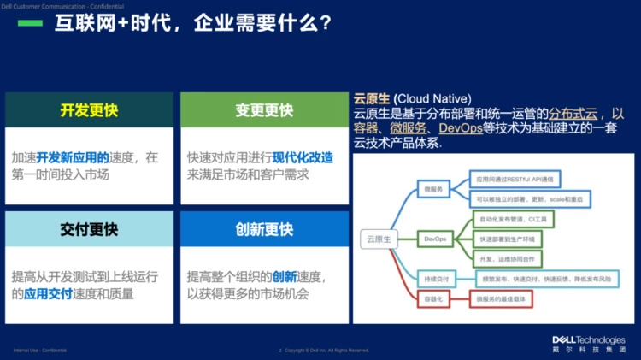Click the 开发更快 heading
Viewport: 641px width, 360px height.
click(x=89, y=110)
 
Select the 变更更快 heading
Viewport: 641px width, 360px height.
click(x=264, y=110)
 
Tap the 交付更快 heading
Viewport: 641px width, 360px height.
click(x=89, y=229)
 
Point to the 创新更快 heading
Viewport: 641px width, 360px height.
click(x=264, y=229)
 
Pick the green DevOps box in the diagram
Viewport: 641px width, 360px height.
click(x=436, y=239)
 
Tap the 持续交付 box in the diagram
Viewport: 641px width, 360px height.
click(x=437, y=278)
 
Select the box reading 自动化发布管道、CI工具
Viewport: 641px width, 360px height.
click(x=512, y=221)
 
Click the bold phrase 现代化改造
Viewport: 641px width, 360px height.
click(x=303, y=158)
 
